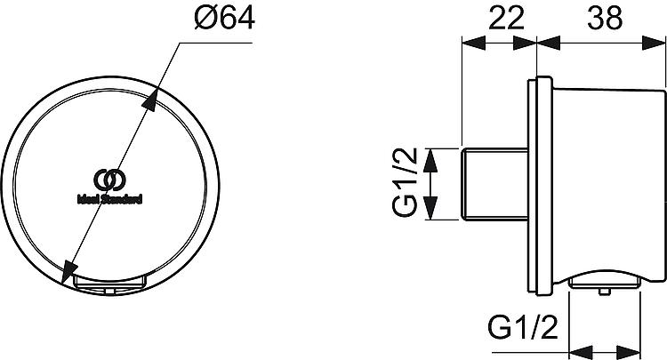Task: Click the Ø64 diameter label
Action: pyautogui.click(x=224, y=19)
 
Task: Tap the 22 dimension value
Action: pyautogui.click(x=506, y=19)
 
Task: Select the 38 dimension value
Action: pyautogui.click(x=605, y=19)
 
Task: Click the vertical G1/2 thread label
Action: pyautogui.click(x=405, y=183)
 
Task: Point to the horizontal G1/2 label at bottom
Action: pyautogui.click(x=522, y=327)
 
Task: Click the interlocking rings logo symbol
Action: pyautogui.click(x=109, y=180)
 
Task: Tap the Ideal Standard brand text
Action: pyautogui.click(x=109, y=199)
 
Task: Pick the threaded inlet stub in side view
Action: pyautogui.click(x=494, y=184)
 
